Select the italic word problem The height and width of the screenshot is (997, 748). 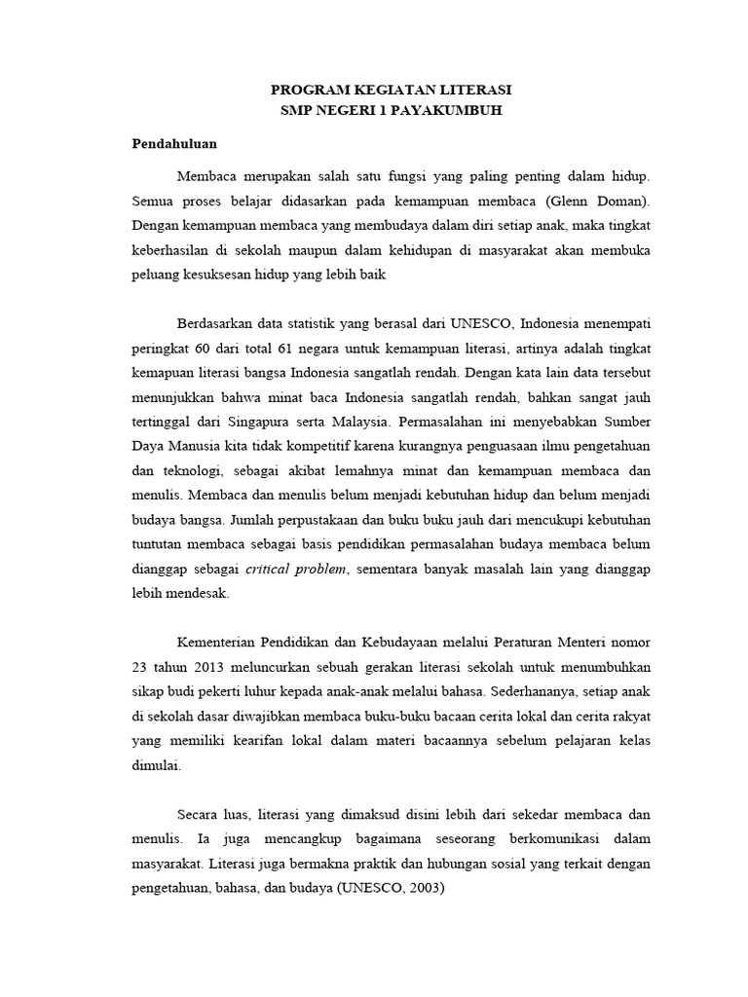click(322, 569)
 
